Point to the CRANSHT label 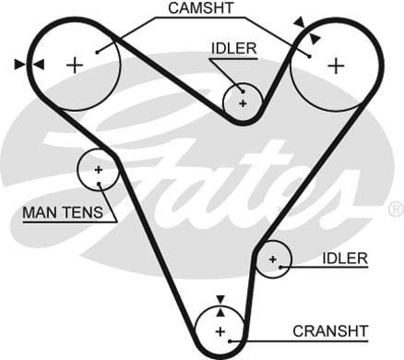329,330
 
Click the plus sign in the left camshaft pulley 75,64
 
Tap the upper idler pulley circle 244,102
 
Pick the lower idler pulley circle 273,260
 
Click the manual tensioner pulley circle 98,170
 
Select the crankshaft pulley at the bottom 220,331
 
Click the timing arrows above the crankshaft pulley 220,303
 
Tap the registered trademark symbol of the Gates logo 396,210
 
